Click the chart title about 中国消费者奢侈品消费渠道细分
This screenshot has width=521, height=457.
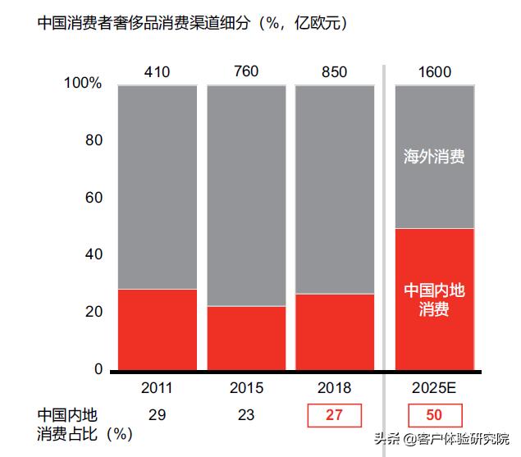click(x=193, y=23)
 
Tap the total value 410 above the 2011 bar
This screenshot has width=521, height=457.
click(x=157, y=72)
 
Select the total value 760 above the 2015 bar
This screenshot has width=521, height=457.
click(x=245, y=71)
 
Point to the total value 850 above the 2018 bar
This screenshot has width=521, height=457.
click(x=334, y=72)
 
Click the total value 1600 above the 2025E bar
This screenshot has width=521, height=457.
click(x=434, y=72)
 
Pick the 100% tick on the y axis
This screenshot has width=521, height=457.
click(x=83, y=84)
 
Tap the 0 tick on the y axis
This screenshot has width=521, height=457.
click(x=98, y=369)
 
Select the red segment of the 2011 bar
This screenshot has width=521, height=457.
click(x=158, y=328)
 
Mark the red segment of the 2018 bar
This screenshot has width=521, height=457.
click(x=335, y=331)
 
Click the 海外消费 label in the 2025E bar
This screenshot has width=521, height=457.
click(x=435, y=157)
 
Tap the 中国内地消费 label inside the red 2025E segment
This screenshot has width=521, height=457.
click(x=435, y=300)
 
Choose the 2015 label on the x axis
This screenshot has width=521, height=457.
click(x=246, y=388)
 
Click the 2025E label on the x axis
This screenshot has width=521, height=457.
click(x=435, y=388)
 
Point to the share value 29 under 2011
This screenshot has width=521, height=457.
click(x=158, y=415)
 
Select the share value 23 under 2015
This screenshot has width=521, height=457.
click(x=246, y=415)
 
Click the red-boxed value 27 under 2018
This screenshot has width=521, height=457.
click(x=334, y=415)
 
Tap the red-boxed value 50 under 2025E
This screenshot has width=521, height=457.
click(x=435, y=415)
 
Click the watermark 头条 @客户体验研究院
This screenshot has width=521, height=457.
click(x=444, y=438)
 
